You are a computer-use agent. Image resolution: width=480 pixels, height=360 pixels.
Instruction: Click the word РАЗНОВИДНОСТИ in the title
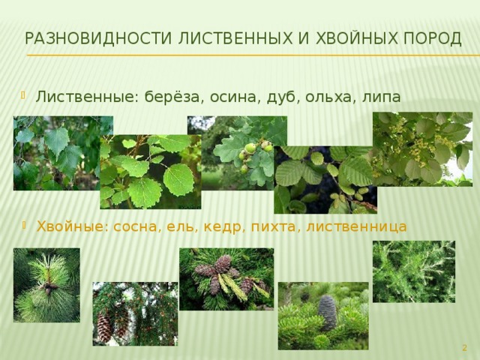click(98, 38)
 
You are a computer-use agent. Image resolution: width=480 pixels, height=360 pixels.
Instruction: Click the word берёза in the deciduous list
click(172, 97)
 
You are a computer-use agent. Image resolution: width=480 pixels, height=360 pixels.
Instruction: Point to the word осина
click(234, 97)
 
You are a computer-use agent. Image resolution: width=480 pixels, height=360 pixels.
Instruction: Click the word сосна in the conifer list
click(136, 227)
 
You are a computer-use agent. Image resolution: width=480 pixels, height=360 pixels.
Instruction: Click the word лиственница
click(357, 227)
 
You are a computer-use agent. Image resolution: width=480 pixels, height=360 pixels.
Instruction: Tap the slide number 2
click(464, 347)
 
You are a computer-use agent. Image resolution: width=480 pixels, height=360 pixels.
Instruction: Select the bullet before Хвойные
click(24, 226)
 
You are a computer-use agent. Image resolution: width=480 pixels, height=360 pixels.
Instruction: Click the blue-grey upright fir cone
click(327, 313)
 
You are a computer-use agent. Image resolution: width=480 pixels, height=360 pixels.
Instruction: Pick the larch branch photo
click(414, 271)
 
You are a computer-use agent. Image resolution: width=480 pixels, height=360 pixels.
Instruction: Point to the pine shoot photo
click(46, 285)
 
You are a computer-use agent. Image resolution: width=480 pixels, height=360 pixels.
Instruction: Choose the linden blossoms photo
click(422, 149)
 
